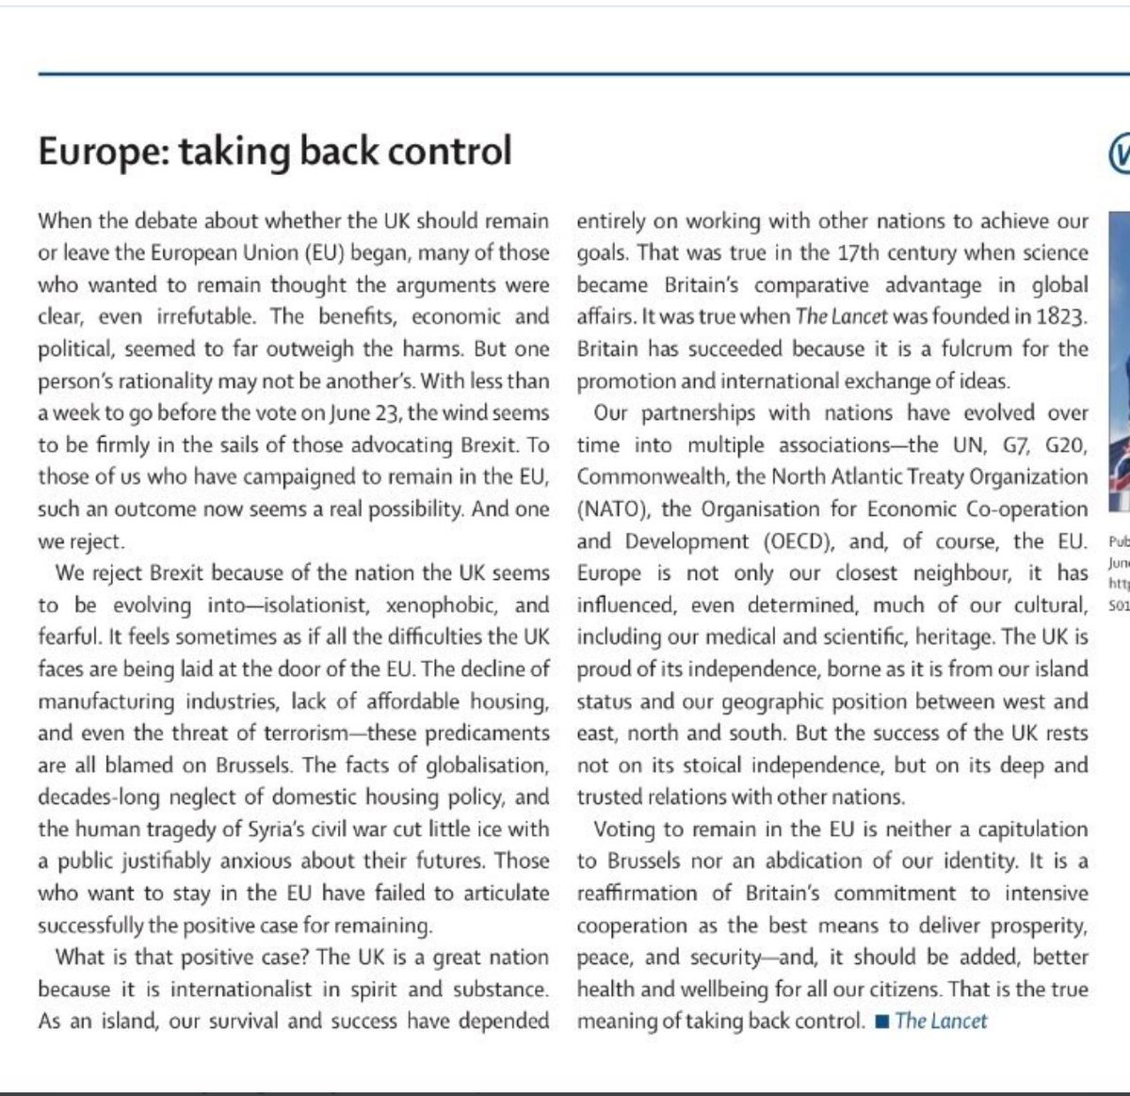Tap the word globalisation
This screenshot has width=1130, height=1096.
pyautogui.click(x=477, y=765)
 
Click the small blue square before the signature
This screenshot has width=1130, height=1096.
pyautogui.click(x=881, y=1022)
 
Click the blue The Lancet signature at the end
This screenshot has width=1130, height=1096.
pyautogui.click(x=941, y=1021)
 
